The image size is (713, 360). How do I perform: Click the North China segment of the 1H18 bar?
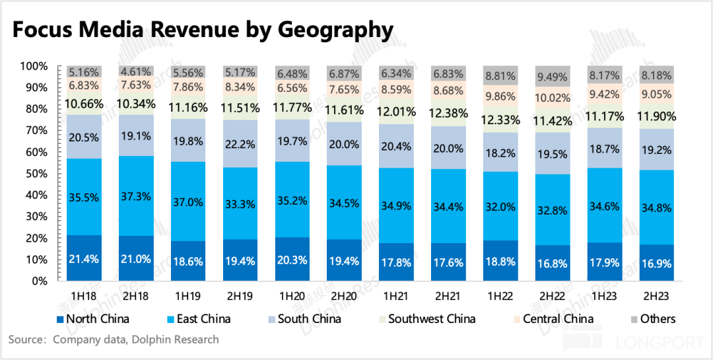[83, 258]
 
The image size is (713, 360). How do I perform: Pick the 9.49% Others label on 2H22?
[552, 77]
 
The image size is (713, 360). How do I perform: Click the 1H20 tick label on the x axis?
[291, 292]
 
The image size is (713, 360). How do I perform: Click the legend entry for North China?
[92, 319]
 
